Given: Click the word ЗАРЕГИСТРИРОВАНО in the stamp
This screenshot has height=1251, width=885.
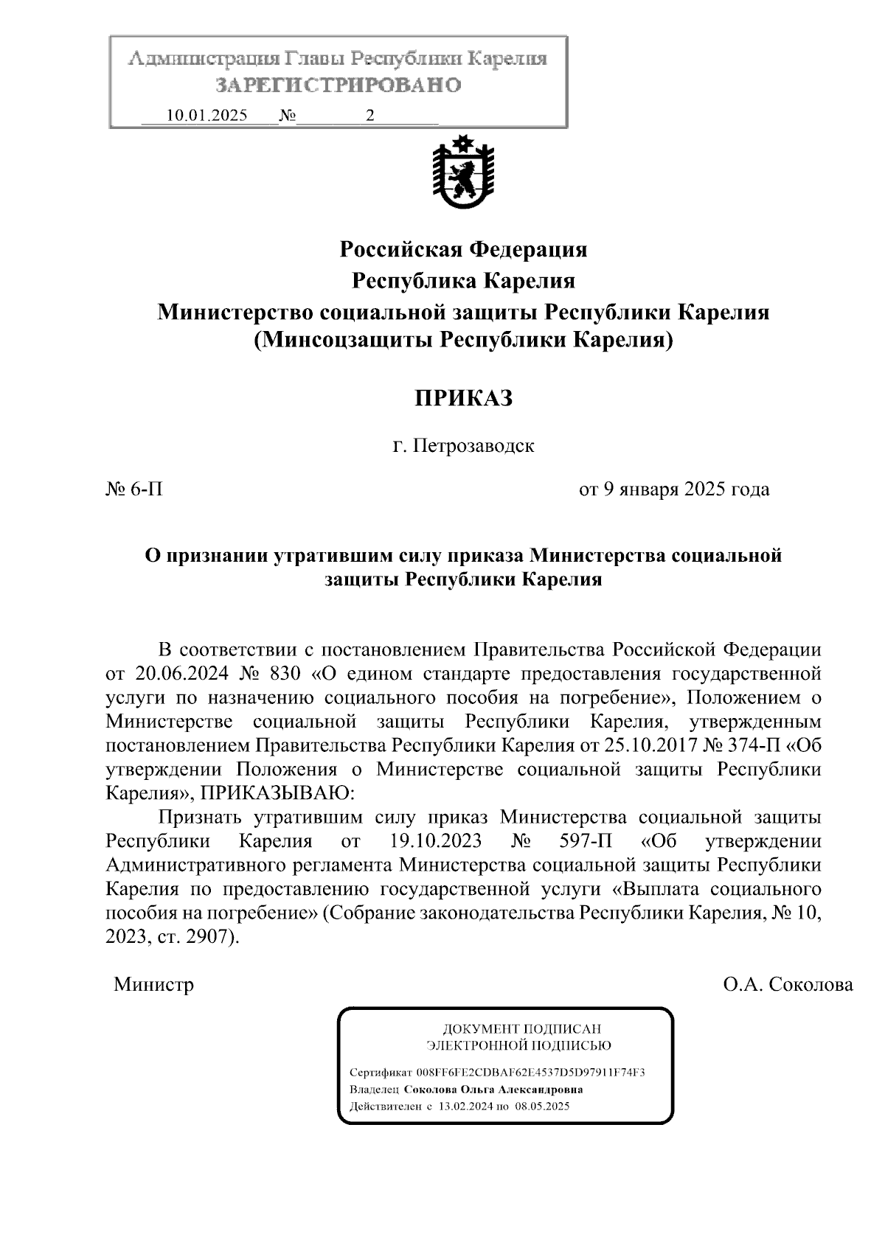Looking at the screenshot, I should click(x=338, y=86).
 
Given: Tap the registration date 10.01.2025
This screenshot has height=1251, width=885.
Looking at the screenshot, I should click(x=206, y=116).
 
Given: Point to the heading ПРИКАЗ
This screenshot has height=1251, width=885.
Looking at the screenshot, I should click(x=462, y=399).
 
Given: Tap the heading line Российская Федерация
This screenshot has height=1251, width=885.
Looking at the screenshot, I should click(x=463, y=250).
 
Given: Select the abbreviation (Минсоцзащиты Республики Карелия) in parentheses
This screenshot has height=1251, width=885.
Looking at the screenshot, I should click(x=463, y=341).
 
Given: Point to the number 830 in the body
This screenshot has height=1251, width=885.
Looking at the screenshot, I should click(x=287, y=674).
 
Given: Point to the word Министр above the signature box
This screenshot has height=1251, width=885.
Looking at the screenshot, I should click(x=153, y=985).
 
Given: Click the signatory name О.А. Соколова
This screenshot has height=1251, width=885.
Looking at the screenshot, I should click(x=788, y=985).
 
